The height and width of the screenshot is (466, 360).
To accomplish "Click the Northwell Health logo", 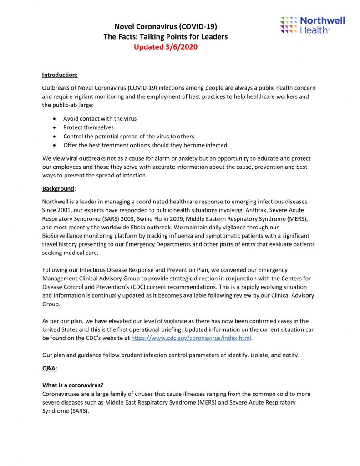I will pos(313,25).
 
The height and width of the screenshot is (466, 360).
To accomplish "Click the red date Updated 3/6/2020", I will pos(166,46).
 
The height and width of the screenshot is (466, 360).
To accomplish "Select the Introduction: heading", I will pos(60,75).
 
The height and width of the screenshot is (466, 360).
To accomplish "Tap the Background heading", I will pos(58,188).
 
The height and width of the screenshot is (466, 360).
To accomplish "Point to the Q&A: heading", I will pos(50,369).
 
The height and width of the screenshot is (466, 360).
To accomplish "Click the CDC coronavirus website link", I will pos(191,338).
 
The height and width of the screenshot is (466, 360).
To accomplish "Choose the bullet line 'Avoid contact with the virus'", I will pos(100,119).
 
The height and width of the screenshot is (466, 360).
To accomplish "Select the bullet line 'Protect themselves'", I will pos(88,127).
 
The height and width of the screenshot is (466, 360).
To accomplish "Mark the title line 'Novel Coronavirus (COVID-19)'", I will pos(166,27).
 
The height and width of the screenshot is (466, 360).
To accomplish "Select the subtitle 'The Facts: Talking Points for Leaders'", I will pos(166,37).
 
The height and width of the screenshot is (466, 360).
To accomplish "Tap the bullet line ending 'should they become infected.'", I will pos(146,145).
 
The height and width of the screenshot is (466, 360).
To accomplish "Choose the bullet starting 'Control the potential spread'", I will pos(128,136).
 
